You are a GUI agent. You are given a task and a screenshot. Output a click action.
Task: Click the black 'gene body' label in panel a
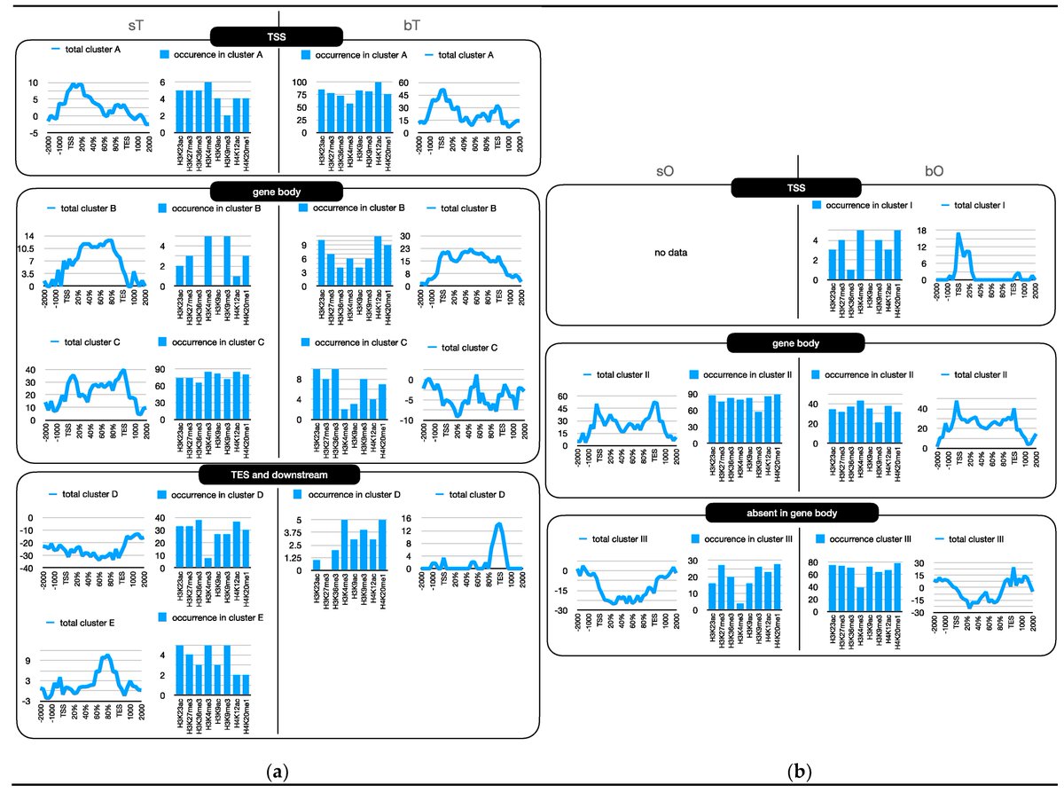coord(278,190)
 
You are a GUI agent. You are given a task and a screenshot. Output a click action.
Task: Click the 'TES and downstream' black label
coord(277,475)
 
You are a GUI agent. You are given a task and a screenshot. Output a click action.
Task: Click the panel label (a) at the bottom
coord(278,772)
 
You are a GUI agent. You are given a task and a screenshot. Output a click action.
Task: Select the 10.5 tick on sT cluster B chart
coord(26,248)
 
